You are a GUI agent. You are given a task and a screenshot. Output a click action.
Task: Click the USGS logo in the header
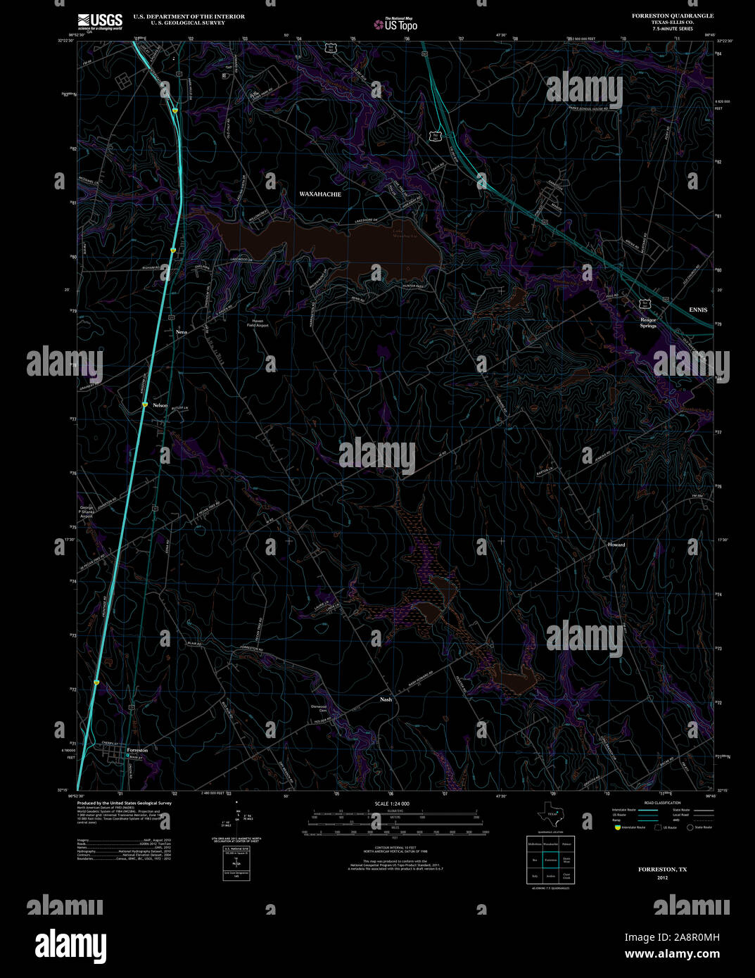pyautogui.click(x=100, y=20)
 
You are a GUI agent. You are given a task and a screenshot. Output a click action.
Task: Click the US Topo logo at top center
pyautogui.click(x=396, y=24)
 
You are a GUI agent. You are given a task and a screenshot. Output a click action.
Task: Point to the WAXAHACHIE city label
pyautogui.click(x=320, y=194)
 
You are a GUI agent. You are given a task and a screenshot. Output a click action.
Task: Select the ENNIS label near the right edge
pyautogui.click(x=698, y=310)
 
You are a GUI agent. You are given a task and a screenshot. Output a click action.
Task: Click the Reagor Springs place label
pyautogui.click(x=648, y=323)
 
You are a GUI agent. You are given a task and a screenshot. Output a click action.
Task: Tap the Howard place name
pyautogui.click(x=616, y=545)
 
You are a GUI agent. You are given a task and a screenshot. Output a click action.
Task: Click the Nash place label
pyautogui.click(x=386, y=699)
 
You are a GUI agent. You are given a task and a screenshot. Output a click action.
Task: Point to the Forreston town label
pyautogui.click(x=137, y=751)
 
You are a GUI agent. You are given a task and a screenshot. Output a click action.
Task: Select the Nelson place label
pyautogui.click(x=160, y=405)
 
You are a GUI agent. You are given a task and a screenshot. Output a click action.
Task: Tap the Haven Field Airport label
pyautogui.click(x=258, y=323)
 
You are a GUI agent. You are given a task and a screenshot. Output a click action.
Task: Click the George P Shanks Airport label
pyautogui.click(x=87, y=512)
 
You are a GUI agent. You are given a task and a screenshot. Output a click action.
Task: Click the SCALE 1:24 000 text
pyautogui.click(x=392, y=804)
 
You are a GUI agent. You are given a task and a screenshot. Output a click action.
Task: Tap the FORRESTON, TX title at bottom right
pyautogui.click(x=662, y=870)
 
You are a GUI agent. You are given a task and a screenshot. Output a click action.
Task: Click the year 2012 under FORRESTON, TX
pyautogui.click(x=662, y=878)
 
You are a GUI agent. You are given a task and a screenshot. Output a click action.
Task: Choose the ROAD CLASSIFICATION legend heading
pyautogui.click(x=662, y=803)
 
